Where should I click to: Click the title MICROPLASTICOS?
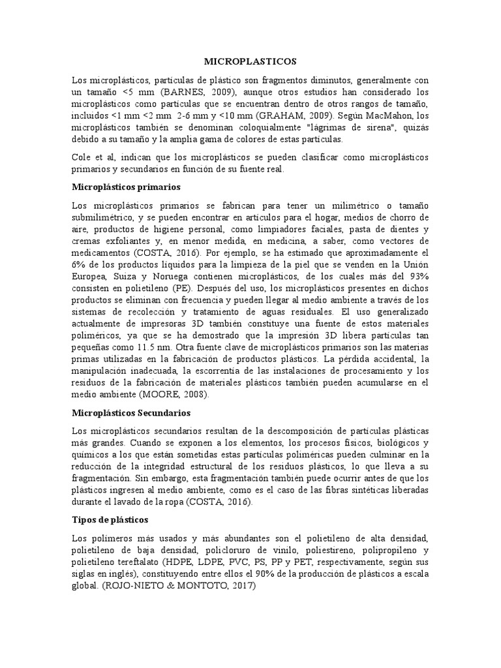click(250, 61)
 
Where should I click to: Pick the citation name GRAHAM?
click(279, 115)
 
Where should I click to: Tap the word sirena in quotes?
click(354, 127)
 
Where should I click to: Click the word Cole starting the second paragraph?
click(82, 157)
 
